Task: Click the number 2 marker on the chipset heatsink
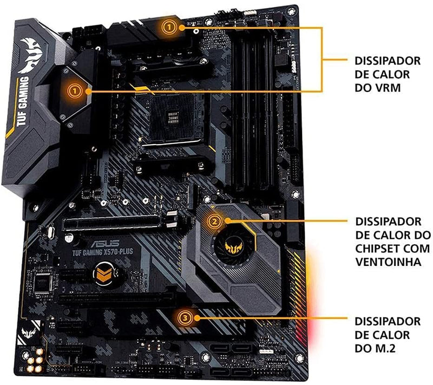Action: tap(215, 220)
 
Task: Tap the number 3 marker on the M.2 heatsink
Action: tap(186, 319)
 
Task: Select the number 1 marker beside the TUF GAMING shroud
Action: tap(75, 90)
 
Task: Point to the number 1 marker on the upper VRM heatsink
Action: tap(170, 25)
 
